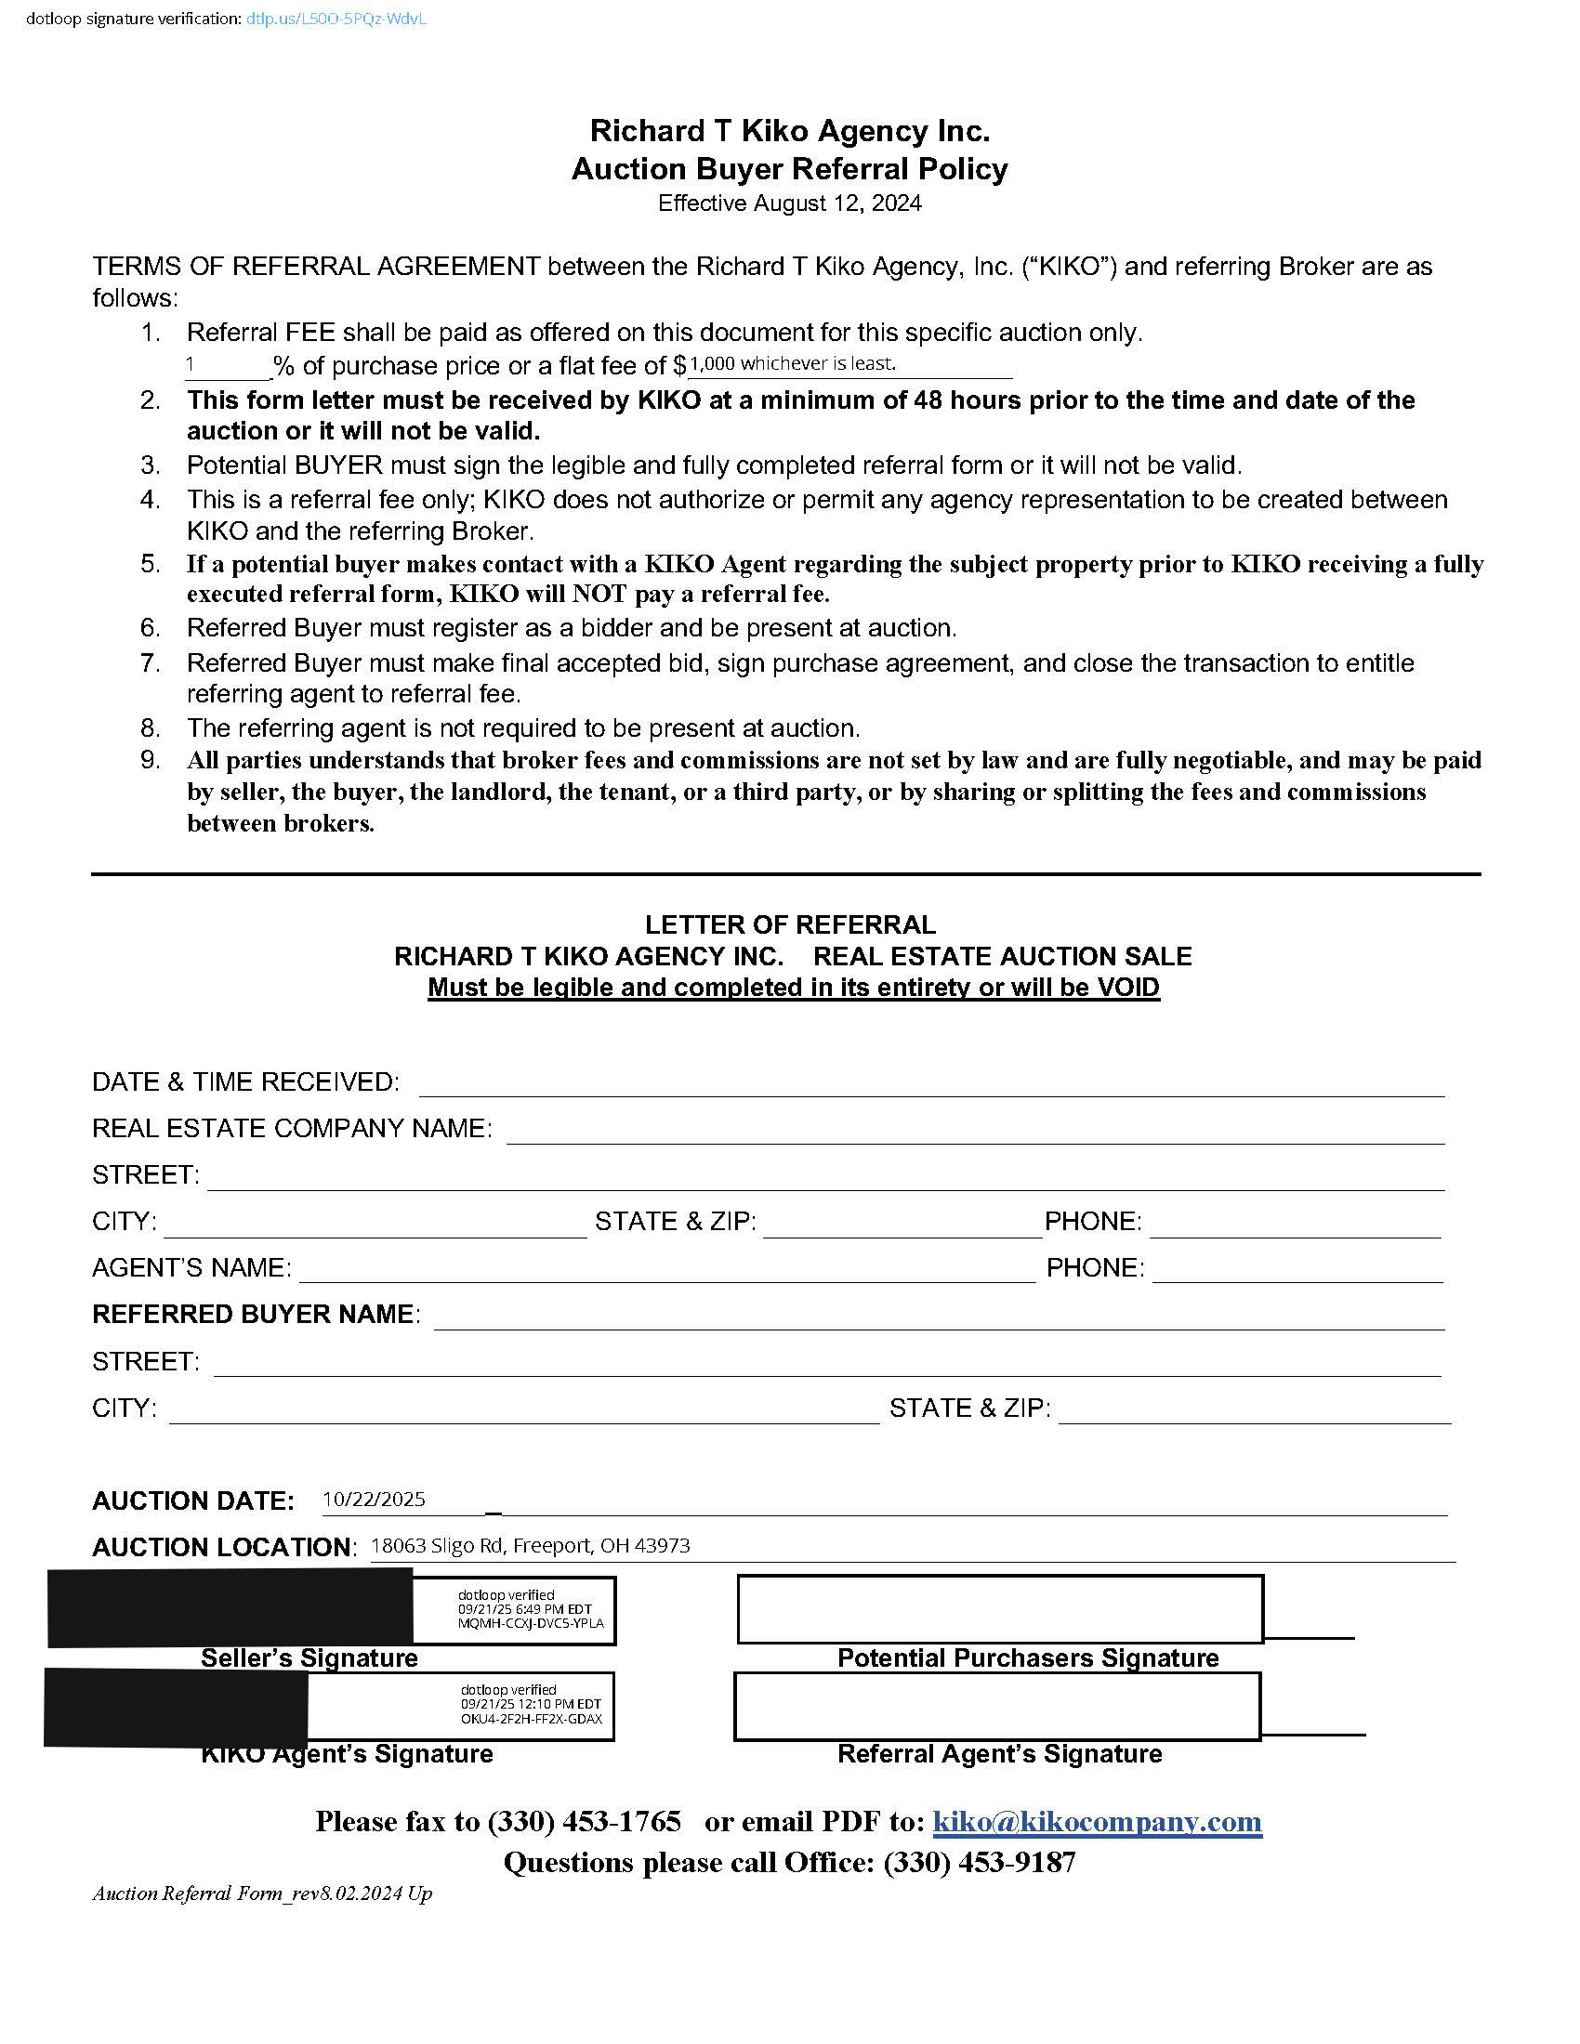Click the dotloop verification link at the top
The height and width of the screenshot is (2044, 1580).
336,19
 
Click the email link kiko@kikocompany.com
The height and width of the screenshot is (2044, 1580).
1097,1820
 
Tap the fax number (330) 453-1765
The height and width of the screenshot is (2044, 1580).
583,1820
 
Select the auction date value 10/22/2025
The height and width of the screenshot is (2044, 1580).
374,1500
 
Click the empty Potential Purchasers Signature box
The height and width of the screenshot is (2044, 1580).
1000,1609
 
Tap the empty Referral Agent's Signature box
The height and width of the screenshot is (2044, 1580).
997,1705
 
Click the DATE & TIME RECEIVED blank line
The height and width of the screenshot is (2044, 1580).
931,1083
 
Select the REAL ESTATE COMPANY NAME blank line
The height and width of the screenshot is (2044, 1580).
975,1131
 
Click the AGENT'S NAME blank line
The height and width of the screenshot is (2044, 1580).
666,1270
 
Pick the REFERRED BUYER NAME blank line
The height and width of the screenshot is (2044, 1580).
939,1317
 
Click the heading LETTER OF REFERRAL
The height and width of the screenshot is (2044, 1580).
790,924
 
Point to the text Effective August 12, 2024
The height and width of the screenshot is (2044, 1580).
789,203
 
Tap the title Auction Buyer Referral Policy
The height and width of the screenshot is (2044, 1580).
789,169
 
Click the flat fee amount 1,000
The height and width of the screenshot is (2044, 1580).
712,364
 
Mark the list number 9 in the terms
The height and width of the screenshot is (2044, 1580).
150,760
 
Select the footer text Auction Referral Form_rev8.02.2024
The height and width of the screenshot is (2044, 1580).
261,1893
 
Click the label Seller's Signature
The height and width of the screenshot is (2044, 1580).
309,1657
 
